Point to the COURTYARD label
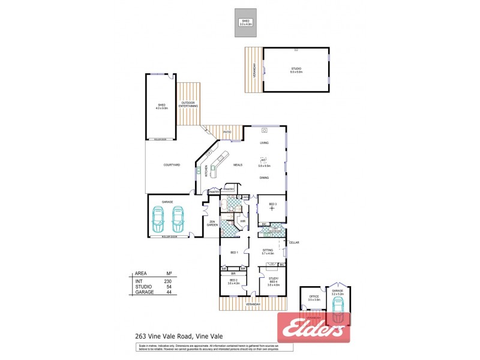172,164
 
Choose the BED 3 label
272,205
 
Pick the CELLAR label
293,242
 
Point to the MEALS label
238,164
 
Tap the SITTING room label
268,250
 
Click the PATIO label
227,131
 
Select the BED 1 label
234,252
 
